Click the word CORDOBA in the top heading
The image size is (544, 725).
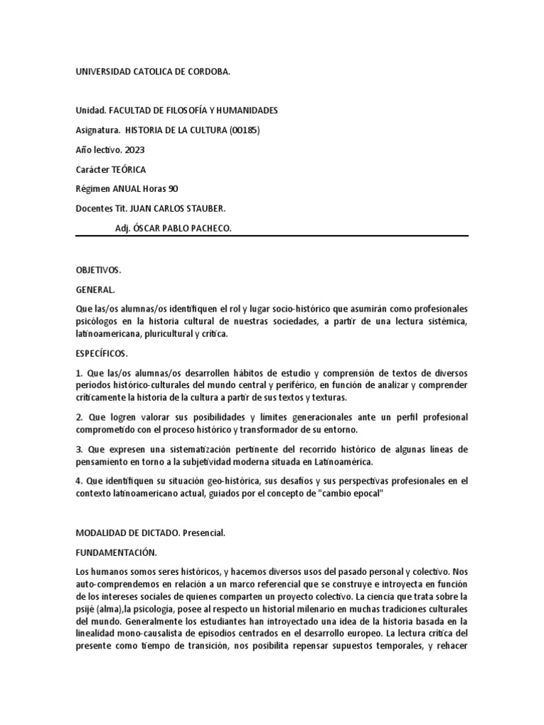208,72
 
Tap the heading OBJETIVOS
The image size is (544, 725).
98,270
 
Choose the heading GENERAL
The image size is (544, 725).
95,290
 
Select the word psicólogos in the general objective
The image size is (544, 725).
98,322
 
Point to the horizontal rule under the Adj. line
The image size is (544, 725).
272,236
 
